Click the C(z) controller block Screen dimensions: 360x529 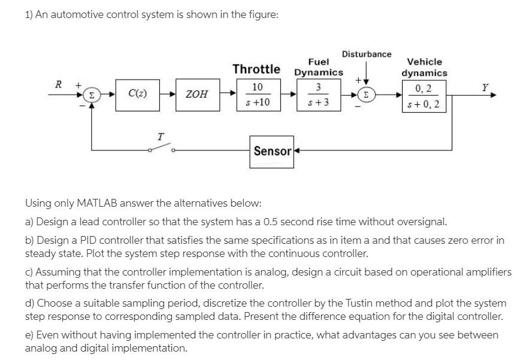(x=138, y=94)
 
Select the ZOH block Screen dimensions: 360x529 (x=197, y=95)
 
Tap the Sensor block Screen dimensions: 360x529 (x=272, y=151)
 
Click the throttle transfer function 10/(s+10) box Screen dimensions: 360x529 (x=257, y=95)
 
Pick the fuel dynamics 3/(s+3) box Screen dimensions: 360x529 (x=318, y=95)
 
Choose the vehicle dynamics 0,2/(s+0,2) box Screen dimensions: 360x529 (x=425, y=97)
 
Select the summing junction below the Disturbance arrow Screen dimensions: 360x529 (x=366, y=95)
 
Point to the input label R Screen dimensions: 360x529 (x=58, y=84)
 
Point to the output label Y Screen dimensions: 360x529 (x=485, y=87)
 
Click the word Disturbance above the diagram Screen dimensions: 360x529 (x=367, y=54)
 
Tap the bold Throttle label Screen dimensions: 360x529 (x=256, y=69)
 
